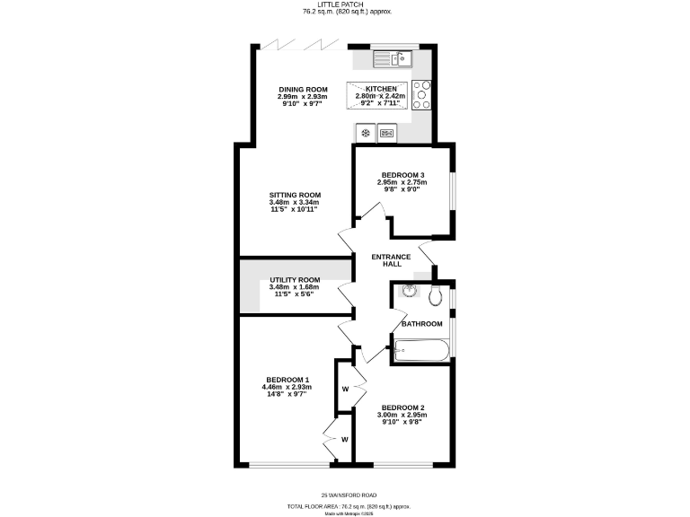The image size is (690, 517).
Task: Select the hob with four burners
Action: tap(421, 93)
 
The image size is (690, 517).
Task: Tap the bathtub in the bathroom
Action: tap(420, 351)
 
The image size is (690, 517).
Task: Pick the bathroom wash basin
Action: tap(410, 290)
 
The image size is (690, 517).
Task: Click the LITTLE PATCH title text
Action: tap(344, 5)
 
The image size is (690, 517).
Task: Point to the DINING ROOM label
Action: tap(302, 89)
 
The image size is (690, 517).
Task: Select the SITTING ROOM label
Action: tap(295, 195)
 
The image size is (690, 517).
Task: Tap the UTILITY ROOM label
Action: tap(295, 280)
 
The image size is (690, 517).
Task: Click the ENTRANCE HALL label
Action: tap(392, 260)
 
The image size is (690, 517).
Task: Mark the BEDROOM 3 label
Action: tap(402, 175)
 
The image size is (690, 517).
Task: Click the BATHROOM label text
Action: tap(421, 323)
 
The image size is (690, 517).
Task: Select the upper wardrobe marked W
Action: tap(344, 390)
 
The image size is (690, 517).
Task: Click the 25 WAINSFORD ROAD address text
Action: tap(349, 495)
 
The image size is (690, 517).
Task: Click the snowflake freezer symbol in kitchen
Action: tap(366, 134)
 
